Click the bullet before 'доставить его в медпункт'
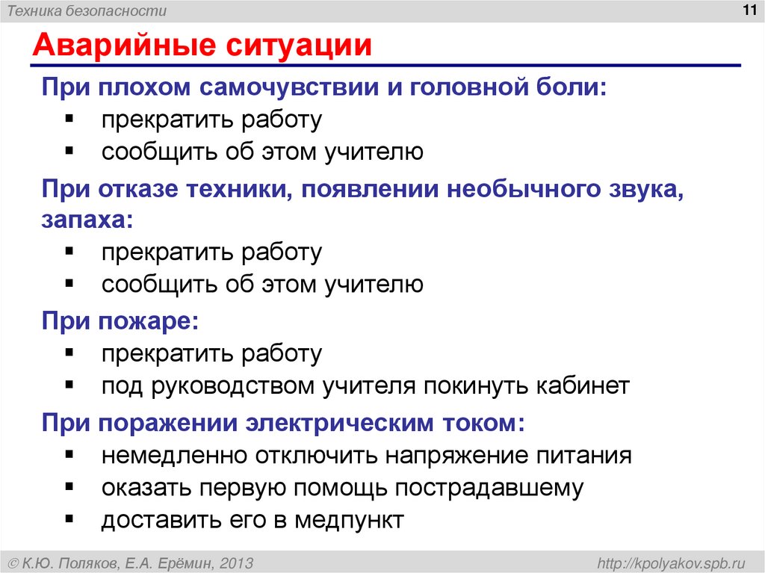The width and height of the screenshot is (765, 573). tap(69, 518)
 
